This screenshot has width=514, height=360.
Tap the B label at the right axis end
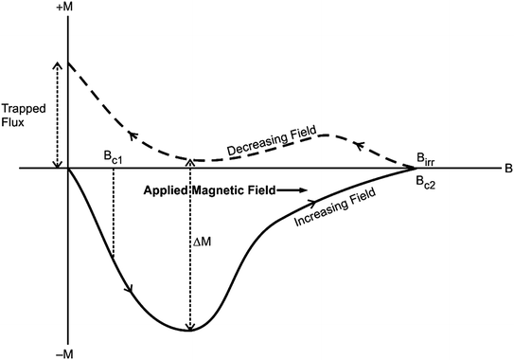tap(508, 170)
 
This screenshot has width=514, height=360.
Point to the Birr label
tap(428, 157)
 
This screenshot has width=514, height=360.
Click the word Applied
tap(167, 189)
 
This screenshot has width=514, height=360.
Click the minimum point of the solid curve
tap(190, 330)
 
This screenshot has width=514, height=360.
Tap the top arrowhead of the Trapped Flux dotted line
tap(58, 66)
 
